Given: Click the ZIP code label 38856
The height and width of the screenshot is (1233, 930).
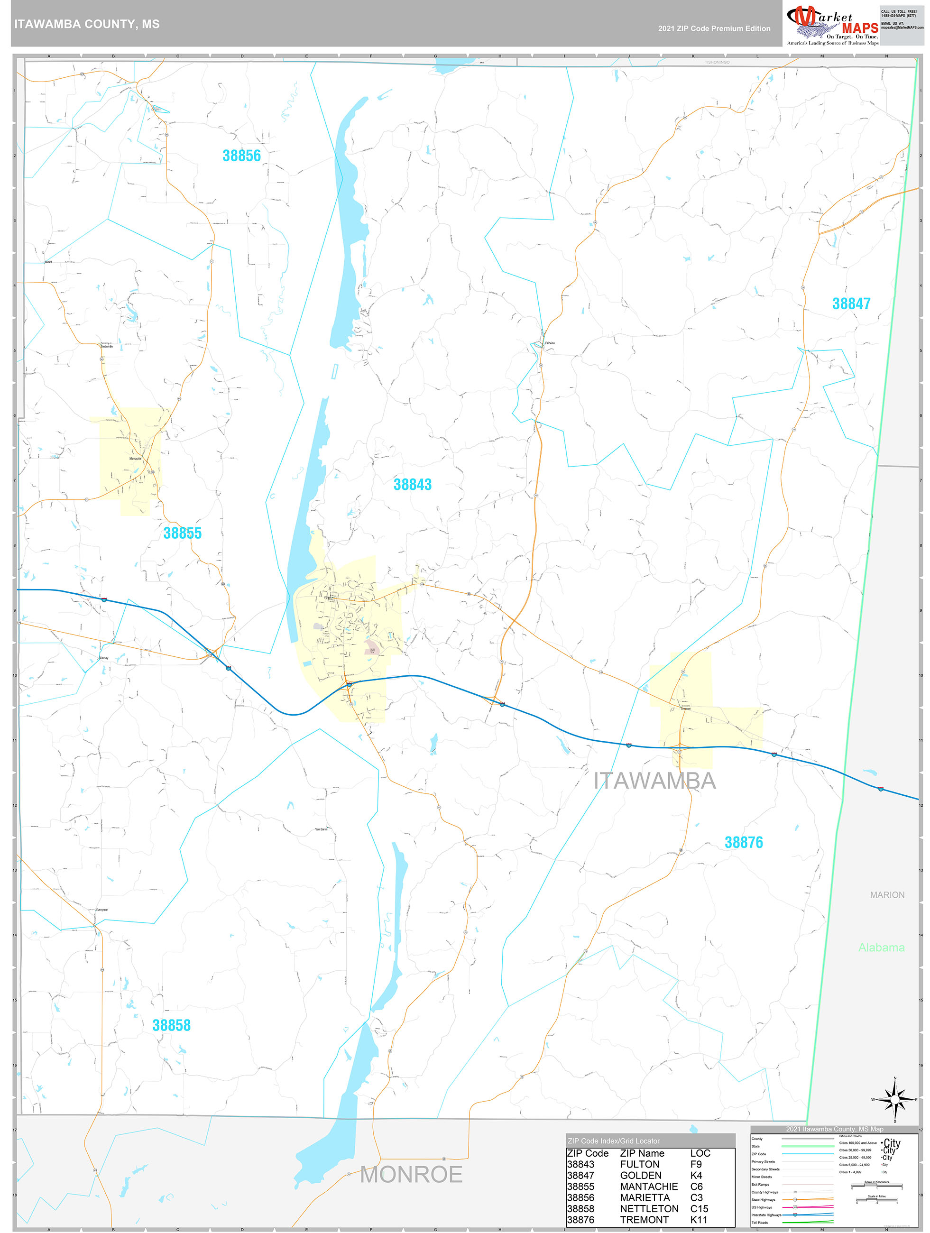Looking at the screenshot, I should click(241, 156).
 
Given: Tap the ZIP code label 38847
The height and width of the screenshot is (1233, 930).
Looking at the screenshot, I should click(851, 304).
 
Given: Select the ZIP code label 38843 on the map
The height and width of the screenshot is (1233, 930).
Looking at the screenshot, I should click(412, 484).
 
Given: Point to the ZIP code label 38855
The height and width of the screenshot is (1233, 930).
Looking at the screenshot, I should click(182, 534).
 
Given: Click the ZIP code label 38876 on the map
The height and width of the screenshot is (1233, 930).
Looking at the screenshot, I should click(743, 843).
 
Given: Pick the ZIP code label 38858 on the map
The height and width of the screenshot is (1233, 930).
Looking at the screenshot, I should click(171, 1025).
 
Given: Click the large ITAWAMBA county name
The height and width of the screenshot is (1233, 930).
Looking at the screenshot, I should click(654, 781).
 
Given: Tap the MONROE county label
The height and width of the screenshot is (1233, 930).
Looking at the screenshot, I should click(411, 1175).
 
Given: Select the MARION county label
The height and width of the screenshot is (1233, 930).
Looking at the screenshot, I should click(887, 895).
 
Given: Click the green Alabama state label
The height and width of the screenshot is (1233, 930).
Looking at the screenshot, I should click(881, 948).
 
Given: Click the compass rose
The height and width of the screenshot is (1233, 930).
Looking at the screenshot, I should click(894, 1100).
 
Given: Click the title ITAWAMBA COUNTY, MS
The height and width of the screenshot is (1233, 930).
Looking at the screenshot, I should click(87, 24).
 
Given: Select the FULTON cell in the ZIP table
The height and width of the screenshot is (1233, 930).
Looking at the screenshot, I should click(639, 1164).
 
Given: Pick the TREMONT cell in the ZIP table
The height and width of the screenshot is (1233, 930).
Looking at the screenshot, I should click(644, 1220).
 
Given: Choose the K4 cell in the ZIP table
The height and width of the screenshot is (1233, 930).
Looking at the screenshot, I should click(696, 1176).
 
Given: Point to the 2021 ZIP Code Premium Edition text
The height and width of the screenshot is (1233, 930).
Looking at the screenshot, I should click(714, 28).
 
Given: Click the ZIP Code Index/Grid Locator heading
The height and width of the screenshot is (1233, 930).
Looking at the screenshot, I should click(613, 1141).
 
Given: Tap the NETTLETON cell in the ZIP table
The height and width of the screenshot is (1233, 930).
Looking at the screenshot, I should click(649, 1208).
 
